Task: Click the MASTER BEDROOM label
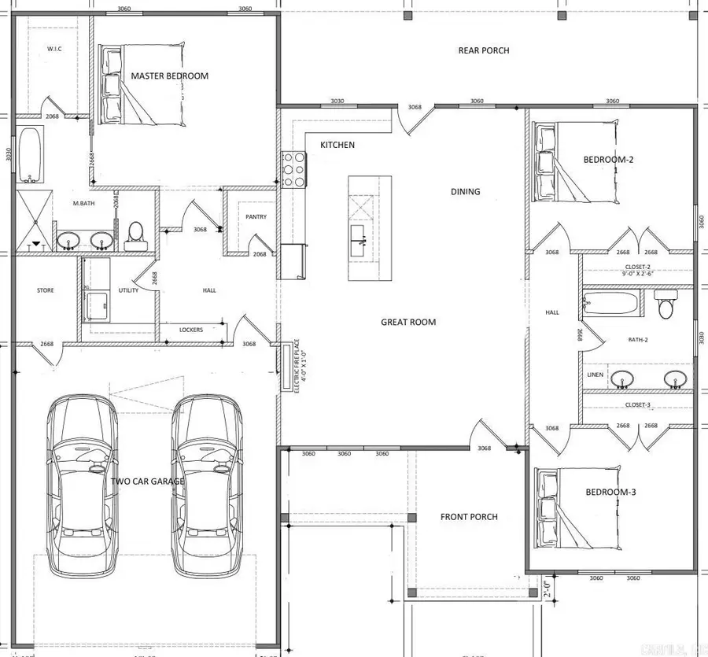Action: coord(169,76)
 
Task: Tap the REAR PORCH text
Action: coord(484,50)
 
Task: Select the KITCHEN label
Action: coord(337,145)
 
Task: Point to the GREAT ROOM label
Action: coord(408,322)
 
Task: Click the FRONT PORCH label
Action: coord(469,517)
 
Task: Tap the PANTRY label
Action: coord(256,217)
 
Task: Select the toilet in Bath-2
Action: coord(666,303)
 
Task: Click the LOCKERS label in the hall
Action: coord(191,330)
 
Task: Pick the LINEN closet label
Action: coord(595,375)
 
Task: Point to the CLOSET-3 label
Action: coord(637,404)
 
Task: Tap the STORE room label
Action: coord(46,290)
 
